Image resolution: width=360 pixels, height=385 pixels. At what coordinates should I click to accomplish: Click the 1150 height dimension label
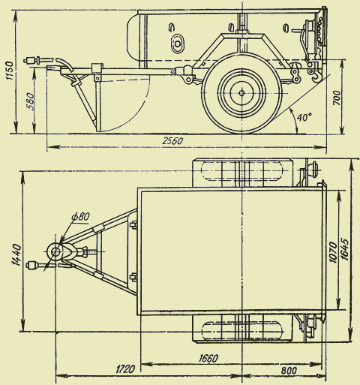coord(10,71)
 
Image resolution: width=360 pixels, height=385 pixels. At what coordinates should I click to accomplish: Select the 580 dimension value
coord(30,101)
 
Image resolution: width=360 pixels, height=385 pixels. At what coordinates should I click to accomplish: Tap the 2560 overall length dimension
coord(172,141)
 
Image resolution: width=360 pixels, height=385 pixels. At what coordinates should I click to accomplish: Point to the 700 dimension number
coord(337,98)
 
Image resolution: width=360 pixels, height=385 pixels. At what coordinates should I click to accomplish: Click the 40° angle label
coord(304,117)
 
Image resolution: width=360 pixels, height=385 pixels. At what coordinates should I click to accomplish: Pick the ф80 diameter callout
coord(80,216)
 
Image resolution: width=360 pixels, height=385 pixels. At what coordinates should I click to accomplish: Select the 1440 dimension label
coord(16,254)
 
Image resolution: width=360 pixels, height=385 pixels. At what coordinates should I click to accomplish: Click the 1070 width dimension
coord(332,252)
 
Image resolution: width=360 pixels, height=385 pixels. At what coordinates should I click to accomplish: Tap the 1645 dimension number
coord(344,250)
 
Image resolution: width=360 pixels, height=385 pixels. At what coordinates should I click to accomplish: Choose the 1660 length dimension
coord(208,359)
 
